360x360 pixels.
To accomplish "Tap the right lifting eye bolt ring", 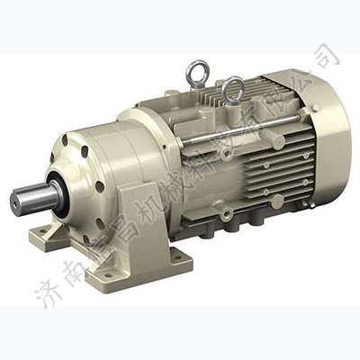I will (233, 87).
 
